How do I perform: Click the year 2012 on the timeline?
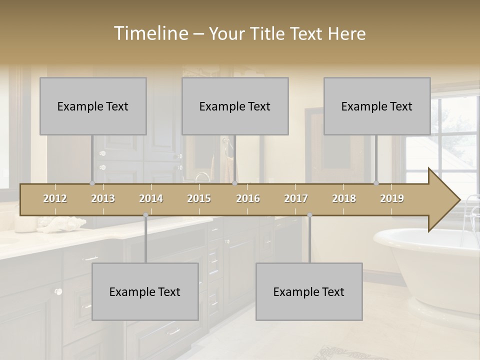[55, 198]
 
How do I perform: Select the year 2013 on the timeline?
[103, 198]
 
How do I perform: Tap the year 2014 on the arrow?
[151, 198]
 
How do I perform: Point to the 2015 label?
[199, 198]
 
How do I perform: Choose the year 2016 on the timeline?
[248, 198]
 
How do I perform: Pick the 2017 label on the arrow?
[296, 198]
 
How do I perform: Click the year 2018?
[344, 198]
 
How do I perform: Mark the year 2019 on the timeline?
[392, 198]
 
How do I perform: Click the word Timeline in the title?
[150, 33]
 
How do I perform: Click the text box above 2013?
[93, 106]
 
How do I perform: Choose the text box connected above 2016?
[235, 106]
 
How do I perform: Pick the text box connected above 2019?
[377, 106]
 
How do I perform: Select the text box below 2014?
[145, 291]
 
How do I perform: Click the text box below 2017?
[309, 291]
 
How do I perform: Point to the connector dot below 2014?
[145, 215]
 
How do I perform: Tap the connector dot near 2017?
[309, 215]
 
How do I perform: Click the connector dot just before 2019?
[376, 183]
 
